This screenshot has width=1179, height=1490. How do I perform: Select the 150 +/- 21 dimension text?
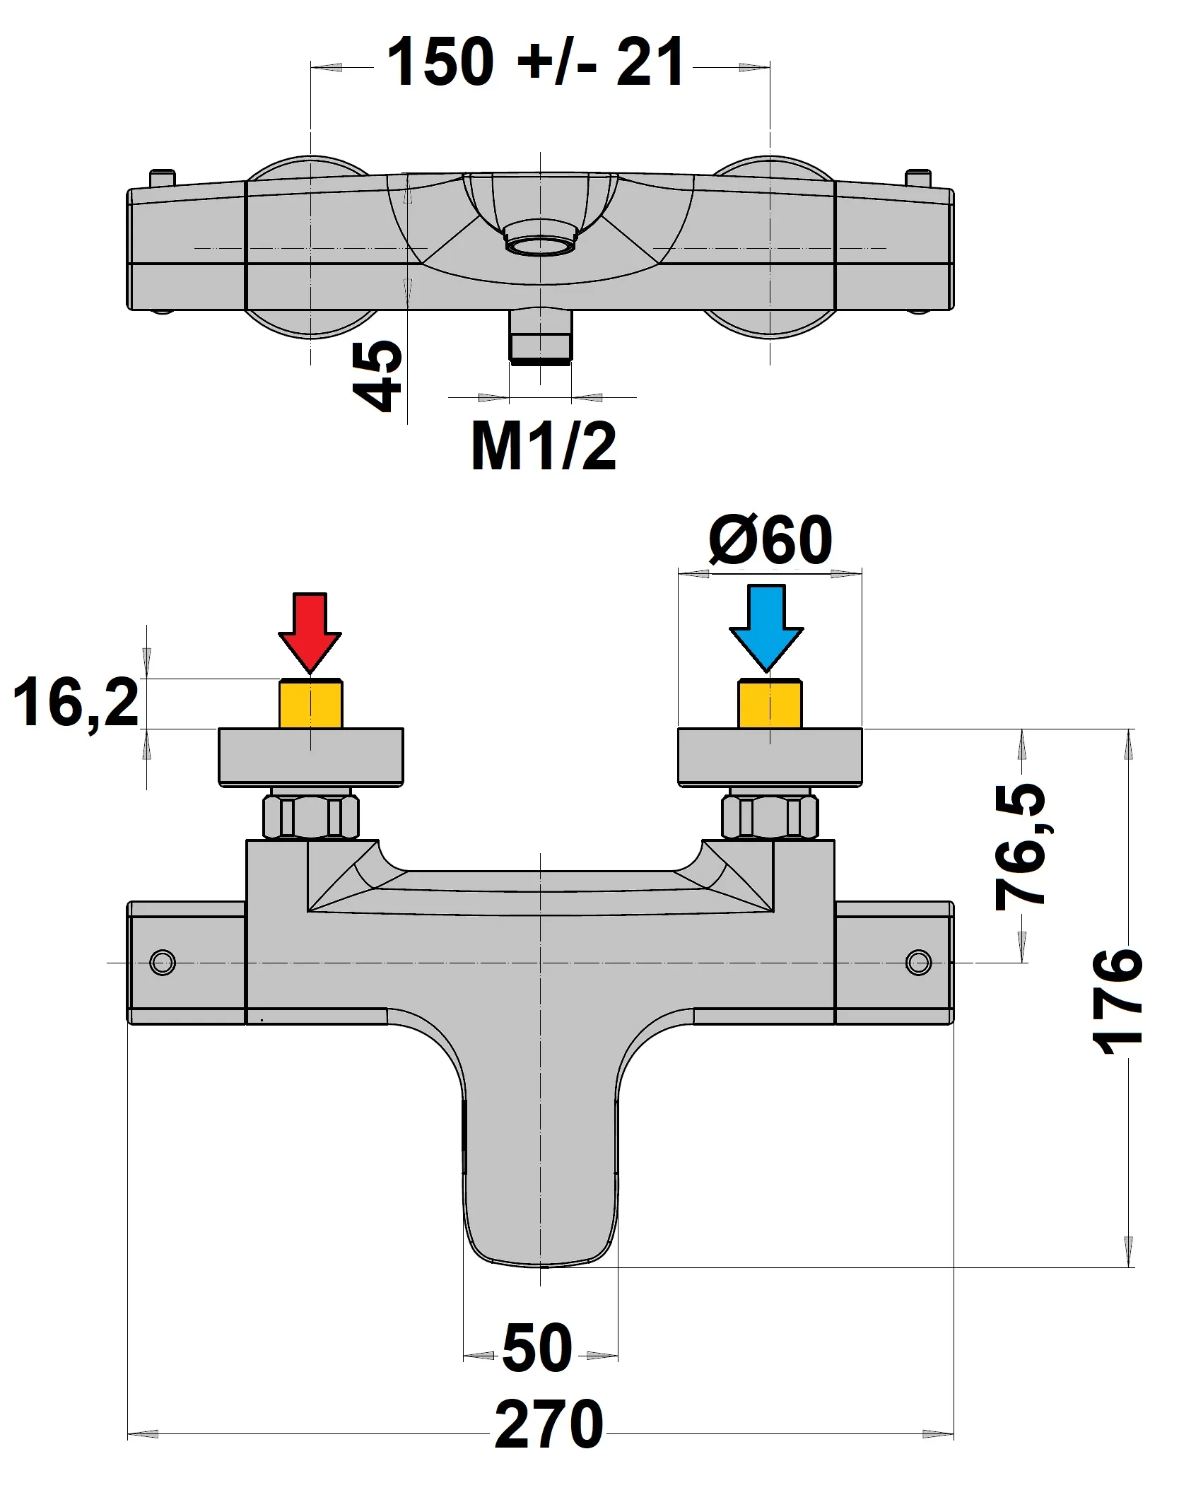point(536,64)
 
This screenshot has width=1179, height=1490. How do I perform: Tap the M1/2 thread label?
point(543,446)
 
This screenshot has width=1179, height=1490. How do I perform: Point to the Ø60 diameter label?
point(770,541)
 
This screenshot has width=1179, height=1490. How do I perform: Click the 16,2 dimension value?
point(76,703)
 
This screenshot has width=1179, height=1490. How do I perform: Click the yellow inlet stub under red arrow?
point(311,704)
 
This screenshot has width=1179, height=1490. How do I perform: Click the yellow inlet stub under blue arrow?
point(770,704)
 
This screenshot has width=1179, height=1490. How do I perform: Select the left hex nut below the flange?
point(310,816)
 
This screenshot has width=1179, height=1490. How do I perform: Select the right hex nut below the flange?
point(770,816)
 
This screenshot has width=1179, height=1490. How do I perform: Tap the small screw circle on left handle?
point(163,962)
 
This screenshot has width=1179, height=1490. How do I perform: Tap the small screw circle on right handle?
point(918,962)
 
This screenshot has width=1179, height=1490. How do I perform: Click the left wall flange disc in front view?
point(311,756)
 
